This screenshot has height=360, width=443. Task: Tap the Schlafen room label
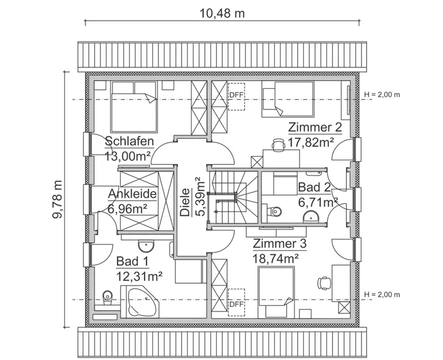click(x=129, y=141)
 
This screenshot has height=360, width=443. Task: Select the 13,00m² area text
click(x=127, y=156)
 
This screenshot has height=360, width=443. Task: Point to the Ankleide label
click(x=132, y=194)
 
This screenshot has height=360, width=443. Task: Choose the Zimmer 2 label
click(x=314, y=128)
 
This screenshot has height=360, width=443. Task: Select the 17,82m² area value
click(x=311, y=142)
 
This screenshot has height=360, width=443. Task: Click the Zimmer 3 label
click(x=279, y=243)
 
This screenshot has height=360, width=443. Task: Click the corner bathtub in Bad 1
click(x=139, y=301)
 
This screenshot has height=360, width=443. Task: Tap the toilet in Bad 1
click(x=107, y=298)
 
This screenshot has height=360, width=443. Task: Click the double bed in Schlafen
click(x=134, y=107)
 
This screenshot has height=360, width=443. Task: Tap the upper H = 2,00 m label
click(x=382, y=95)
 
